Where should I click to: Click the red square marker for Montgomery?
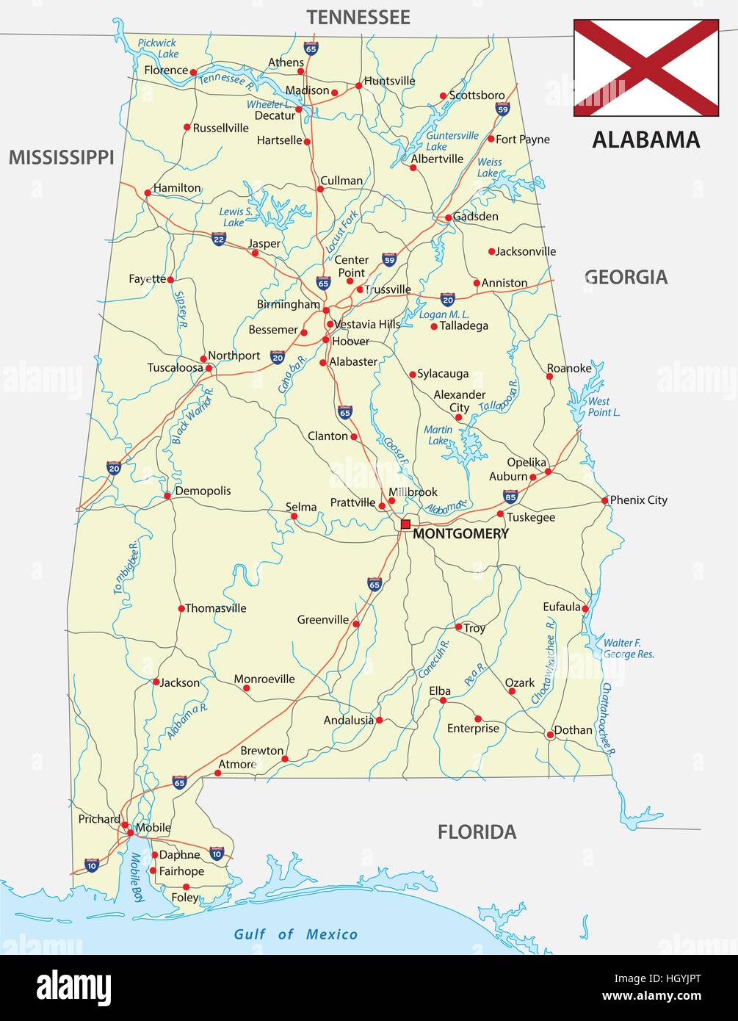[405, 524]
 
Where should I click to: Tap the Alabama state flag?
[645, 68]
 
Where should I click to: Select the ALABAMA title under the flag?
[645, 140]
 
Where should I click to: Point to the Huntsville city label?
[389, 81]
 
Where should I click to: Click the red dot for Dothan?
[549, 734]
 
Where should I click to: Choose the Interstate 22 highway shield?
[218, 239]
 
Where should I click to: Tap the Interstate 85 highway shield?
[510, 497]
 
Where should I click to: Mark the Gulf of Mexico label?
[295, 934]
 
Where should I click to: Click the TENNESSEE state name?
[358, 17]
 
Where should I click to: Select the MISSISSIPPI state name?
[62, 156]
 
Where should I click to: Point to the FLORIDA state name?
[477, 831]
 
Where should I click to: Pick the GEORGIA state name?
[626, 277]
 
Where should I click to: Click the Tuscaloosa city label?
[175, 367]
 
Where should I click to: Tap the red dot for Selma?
[294, 516]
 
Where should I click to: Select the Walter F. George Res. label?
[628, 648]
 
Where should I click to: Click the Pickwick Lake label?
[158, 48]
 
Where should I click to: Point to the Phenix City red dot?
[605, 500]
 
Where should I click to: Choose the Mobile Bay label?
[137, 874]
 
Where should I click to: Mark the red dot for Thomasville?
[181, 608]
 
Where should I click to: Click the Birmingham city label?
[289, 304]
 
